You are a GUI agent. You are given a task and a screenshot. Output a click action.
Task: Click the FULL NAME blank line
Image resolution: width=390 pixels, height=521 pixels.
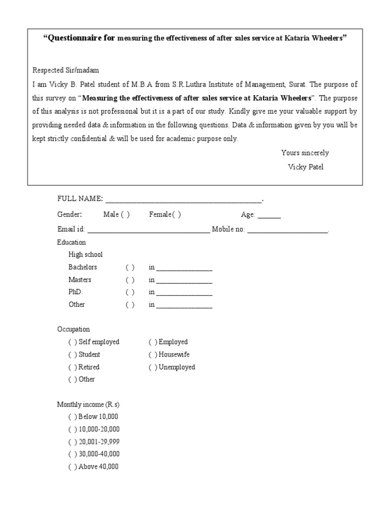pyautogui.click(x=183, y=199)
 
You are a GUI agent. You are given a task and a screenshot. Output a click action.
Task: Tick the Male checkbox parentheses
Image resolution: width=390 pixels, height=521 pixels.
pyautogui.click(x=124, y=215)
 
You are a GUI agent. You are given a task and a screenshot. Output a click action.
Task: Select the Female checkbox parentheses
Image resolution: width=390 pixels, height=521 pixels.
pyautogui.click(x=176, y=215)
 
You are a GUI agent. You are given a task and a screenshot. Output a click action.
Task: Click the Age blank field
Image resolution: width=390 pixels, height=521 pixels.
pyautogui.click(x=269, y=216)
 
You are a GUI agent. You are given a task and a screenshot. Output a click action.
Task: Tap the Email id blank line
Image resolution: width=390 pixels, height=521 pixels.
pyautogui.click(x=148, y=230)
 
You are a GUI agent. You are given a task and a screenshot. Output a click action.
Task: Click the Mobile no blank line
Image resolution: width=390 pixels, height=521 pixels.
pyautogui.click(x=287, y=230)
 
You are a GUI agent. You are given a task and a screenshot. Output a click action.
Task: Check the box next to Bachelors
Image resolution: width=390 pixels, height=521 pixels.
pyautogui.click(x=130, y=268)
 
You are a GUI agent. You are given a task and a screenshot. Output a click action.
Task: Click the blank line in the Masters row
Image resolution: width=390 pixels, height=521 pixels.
pyautogui.click(x=184, y=281)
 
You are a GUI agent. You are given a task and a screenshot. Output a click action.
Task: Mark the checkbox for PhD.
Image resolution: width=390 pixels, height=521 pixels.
pyautogui.click(x=130, y=293)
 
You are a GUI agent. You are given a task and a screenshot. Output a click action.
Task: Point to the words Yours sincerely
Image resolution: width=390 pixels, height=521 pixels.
pyautogui.click(x=305, y=153)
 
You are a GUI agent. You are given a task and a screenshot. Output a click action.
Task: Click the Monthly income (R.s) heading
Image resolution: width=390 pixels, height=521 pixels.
pyautogui.click(x=88, y=404)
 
